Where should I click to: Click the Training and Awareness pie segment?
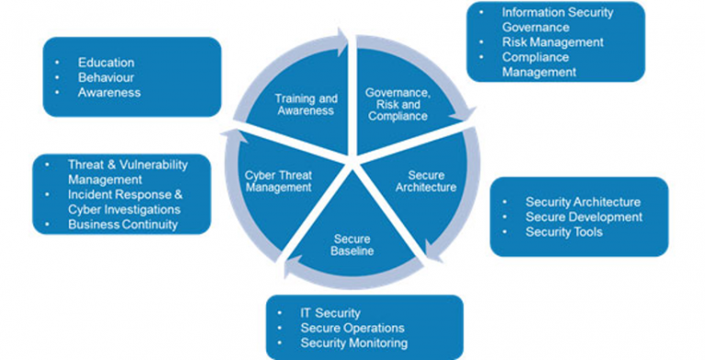point(306,103)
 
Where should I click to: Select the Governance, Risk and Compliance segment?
point(397,105)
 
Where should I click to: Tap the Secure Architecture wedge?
point(431,181)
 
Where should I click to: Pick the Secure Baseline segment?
point(352,243)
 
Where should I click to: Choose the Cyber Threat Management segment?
point(278,180)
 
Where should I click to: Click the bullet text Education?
point(106,62)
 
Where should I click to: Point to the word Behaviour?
point(106,77)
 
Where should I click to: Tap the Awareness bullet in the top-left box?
point(108,92)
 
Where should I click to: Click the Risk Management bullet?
point(552,42)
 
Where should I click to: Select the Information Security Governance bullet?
point(556,20)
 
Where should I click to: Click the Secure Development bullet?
point(583,217)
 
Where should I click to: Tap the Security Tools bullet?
point(564,232)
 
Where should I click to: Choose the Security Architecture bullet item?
point(582,202)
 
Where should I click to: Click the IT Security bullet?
point(330,313)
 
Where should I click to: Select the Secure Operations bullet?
point(352,328)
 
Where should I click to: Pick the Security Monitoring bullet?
point(352,343)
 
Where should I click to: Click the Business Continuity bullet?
point(122,224)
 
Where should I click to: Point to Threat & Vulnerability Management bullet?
point(127,172)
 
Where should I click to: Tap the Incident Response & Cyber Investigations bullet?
point(125,202)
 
